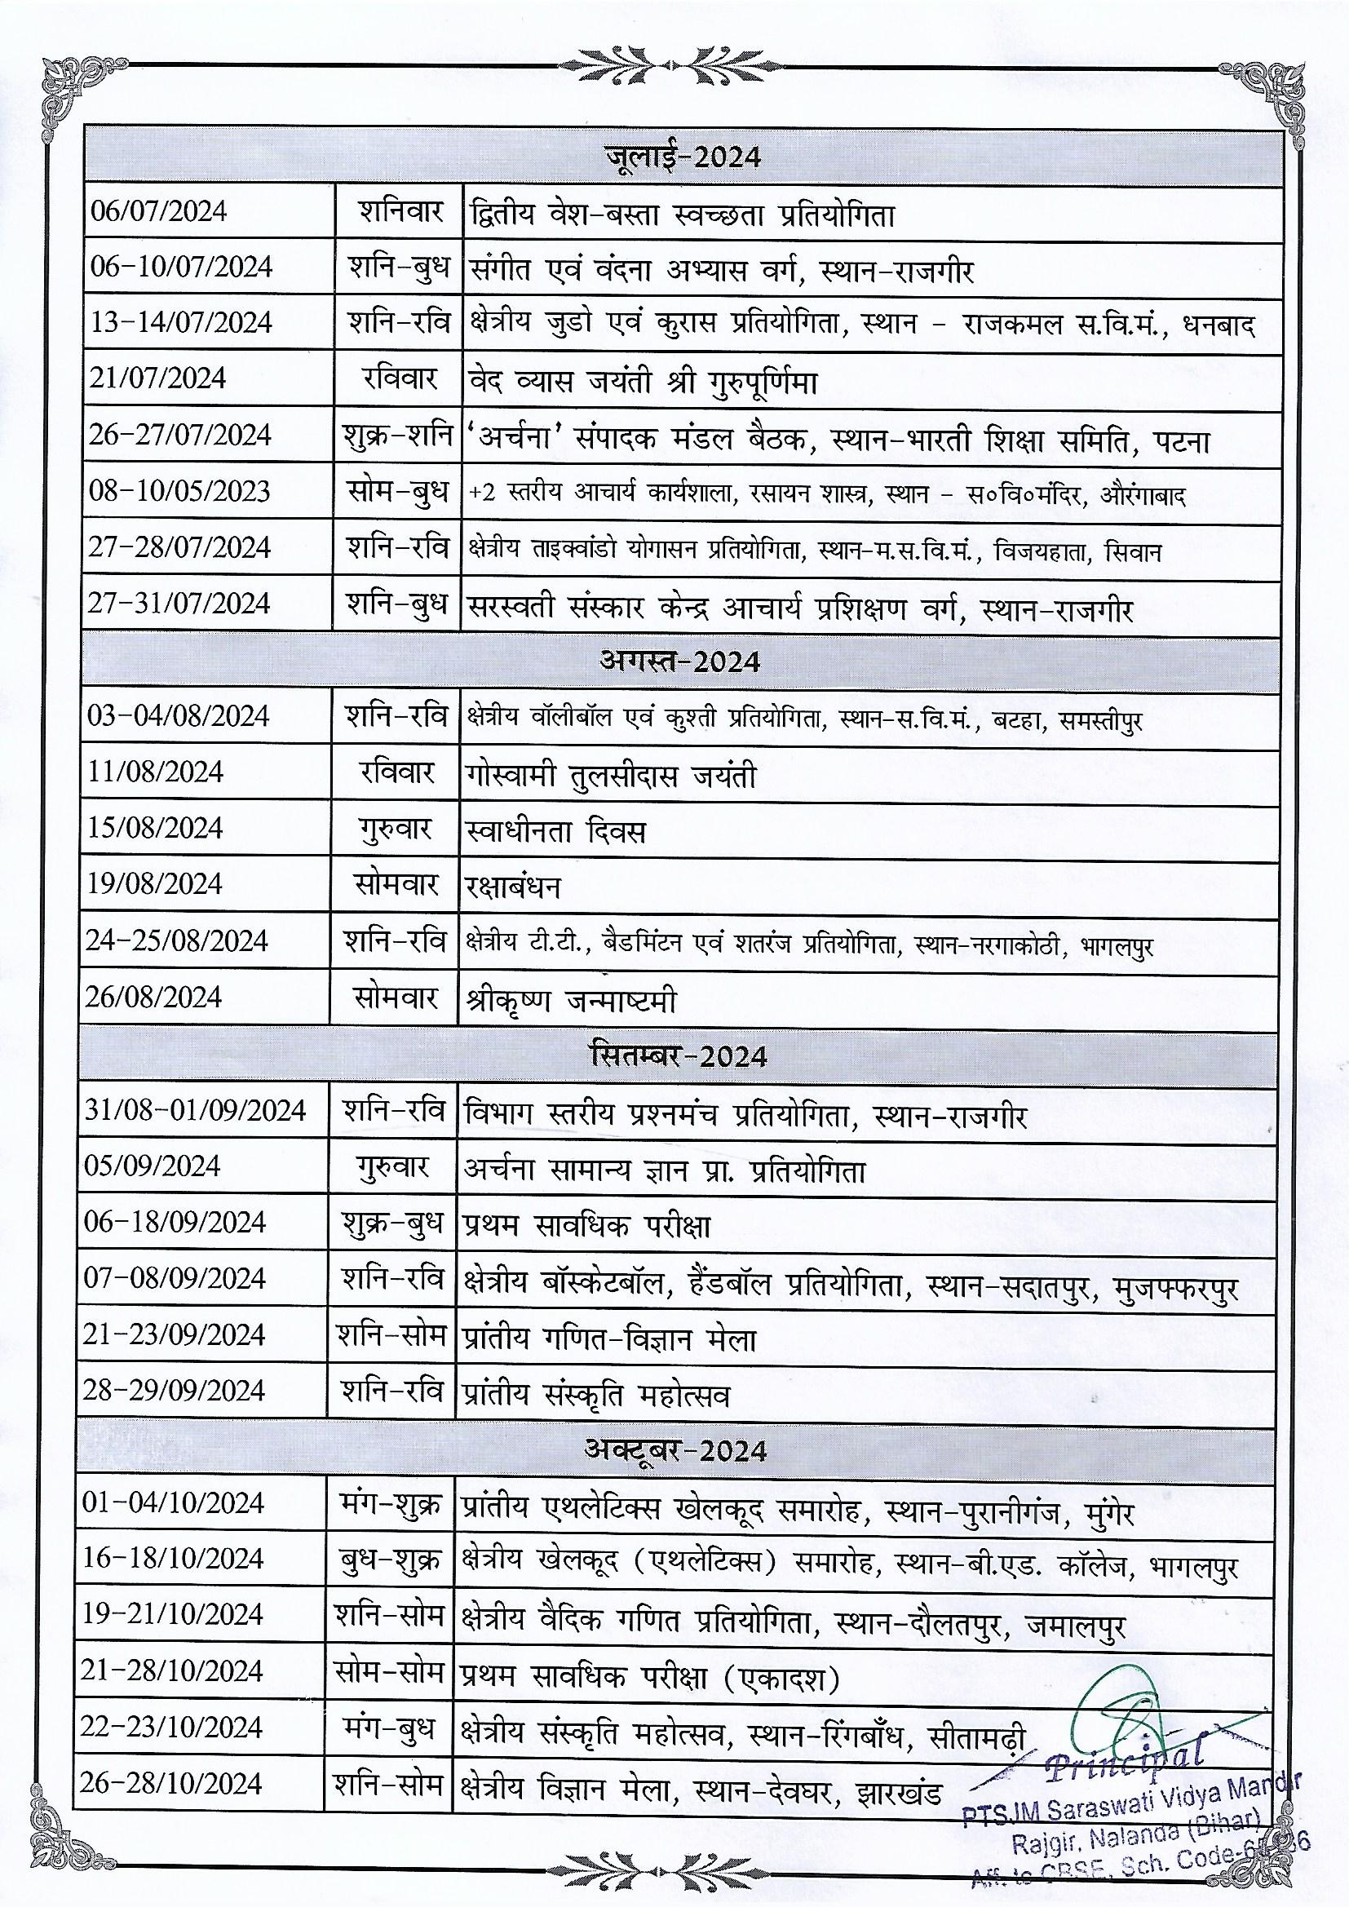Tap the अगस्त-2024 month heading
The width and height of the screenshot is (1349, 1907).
(679, 662)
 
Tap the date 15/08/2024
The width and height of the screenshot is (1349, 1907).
(155, 829)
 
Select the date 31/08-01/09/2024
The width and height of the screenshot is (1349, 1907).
(195, 1110)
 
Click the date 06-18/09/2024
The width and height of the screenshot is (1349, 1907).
(175, 1223)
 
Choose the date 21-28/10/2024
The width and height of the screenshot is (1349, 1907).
(173, 1671)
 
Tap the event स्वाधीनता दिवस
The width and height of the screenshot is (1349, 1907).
(555, 831)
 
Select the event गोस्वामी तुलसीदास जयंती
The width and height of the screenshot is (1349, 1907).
(611, 776)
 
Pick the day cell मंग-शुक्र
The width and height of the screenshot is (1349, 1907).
(391, 1504)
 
